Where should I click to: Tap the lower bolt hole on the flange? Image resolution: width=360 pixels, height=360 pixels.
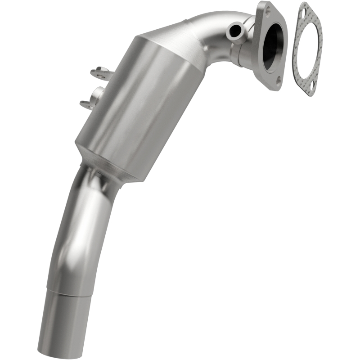[x=278, y=81]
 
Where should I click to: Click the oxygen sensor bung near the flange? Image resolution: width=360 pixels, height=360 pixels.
[x=234, y=32]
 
